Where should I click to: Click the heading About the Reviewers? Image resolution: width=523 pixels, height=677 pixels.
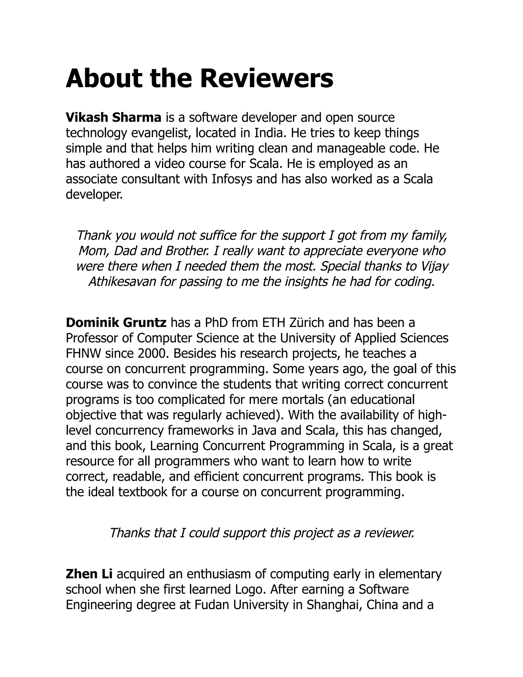(x=199, y=78)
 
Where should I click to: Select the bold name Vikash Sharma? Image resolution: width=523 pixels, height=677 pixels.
(x=113, y=118)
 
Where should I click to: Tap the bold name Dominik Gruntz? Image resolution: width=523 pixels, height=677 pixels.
(x=116, y=323)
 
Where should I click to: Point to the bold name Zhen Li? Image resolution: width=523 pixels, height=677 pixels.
(x=89, y=574)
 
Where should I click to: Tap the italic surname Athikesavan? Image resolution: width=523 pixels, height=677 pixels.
(x=122, y=282)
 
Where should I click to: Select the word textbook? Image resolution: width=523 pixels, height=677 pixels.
(x=142, y=492)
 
